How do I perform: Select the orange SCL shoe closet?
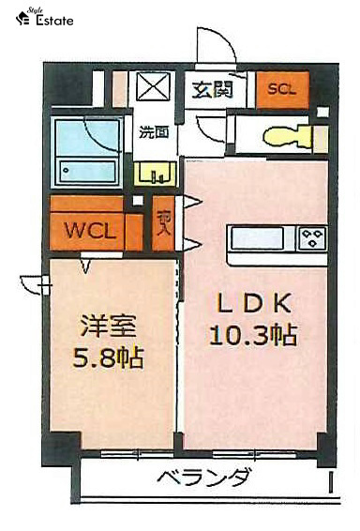280,89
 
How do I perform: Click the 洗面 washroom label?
154,131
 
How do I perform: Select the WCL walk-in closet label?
90,230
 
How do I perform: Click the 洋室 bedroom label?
108,327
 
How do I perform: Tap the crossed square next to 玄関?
150,90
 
